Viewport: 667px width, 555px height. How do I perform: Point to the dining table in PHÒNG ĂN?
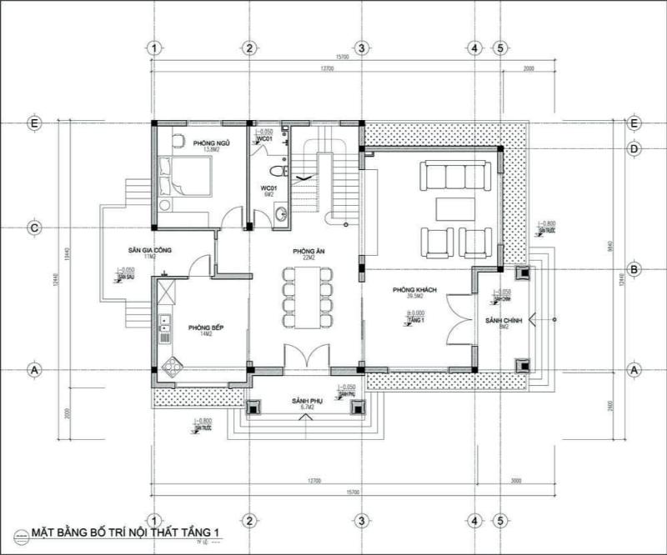pos(305,295)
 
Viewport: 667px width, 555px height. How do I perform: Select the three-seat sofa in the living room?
pos(447,177)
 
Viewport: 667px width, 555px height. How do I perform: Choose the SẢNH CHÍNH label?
pos(504,320)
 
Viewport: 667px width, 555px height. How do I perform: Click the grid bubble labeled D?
pos(634,149)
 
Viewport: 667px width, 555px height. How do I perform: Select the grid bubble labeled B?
pos(634,269)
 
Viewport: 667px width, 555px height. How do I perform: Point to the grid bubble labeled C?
pos(34,227)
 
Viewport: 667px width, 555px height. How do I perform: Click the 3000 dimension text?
pos(516,480)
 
